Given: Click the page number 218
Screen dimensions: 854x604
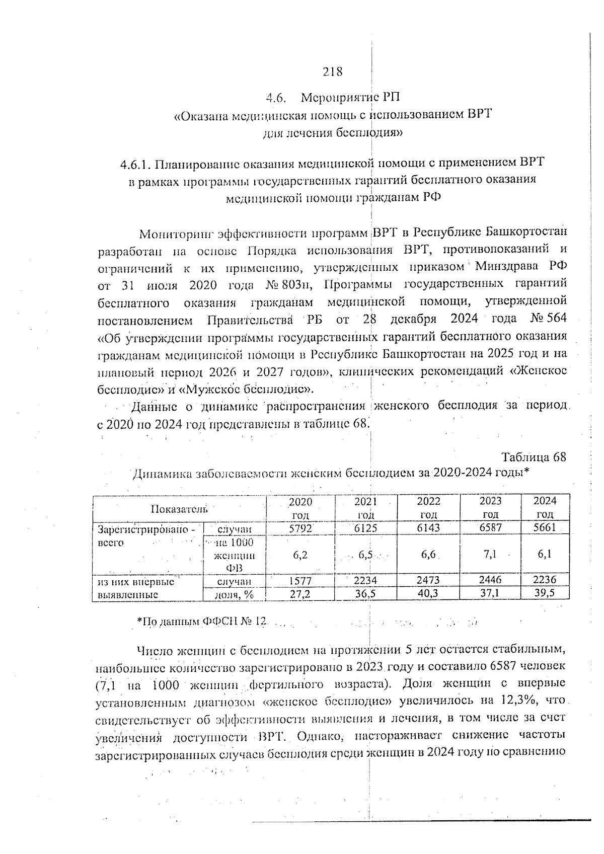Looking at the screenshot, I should pos(333,71).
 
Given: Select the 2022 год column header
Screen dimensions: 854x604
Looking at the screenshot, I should pos(428,508).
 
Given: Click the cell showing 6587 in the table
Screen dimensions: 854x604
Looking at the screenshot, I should pos(490,528).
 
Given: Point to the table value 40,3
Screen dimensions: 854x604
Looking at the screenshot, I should pos(428,593).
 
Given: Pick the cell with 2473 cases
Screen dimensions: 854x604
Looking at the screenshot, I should pos(428,580).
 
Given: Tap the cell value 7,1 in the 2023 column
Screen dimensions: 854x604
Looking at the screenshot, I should pos(490,554).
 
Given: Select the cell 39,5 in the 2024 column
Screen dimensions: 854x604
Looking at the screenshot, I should pos(545,593).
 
